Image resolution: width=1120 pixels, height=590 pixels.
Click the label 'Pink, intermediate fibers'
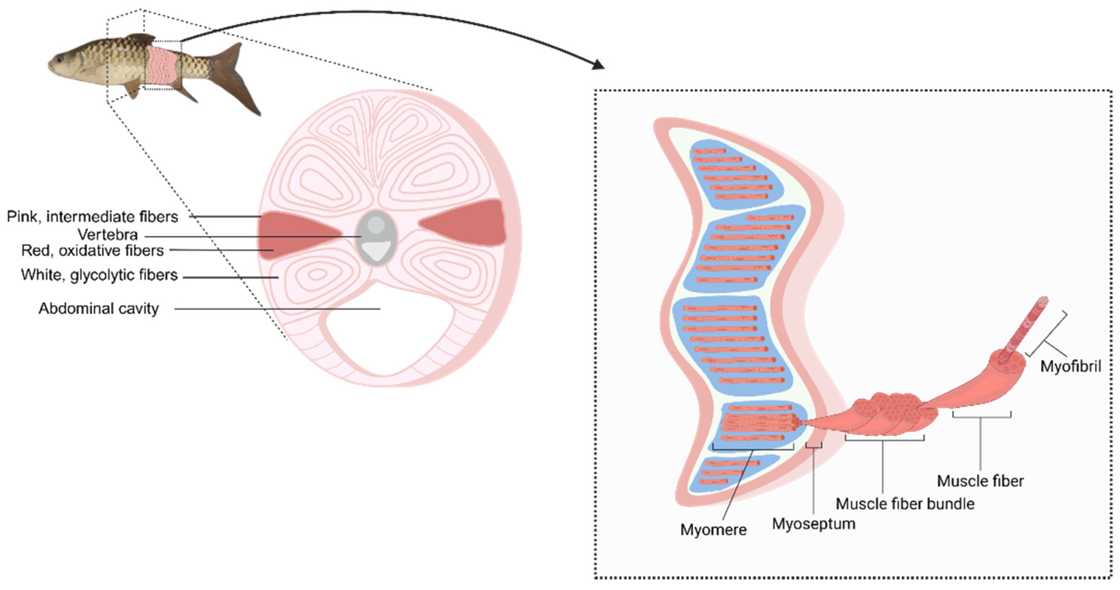click(x=92, y=216)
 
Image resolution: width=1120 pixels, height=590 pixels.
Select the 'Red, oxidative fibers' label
click(x=92, y=251)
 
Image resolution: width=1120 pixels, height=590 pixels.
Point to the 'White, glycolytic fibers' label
click(x=99, y=275)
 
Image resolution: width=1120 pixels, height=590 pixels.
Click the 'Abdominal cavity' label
click(x=99, y=309)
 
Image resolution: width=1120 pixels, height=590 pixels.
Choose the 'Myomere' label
click(x=713, y=530)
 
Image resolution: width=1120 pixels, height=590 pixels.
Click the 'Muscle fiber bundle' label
click(x=905, y=504)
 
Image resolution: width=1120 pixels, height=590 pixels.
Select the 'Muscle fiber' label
click(x=980, y=481)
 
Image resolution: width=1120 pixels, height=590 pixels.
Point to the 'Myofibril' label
click(x=1070, y=366)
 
